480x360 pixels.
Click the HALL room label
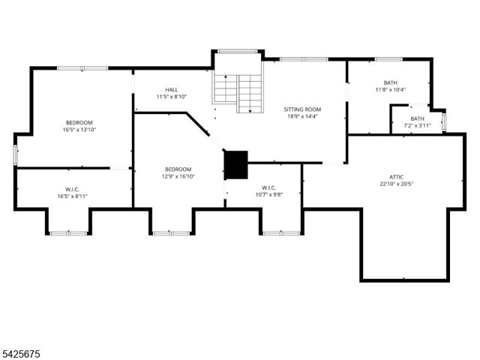[172, 89]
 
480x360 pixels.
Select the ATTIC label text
[397, 177]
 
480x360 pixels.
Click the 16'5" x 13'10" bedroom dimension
[79, 130]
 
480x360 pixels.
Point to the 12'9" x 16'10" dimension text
[178, 177]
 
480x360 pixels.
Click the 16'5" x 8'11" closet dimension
[73, 196]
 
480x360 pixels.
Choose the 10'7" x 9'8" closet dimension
[268, 194]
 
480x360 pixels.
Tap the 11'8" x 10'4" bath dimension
[390, 90]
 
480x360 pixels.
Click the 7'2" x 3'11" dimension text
[417, 126]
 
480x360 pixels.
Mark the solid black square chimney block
[236, 165]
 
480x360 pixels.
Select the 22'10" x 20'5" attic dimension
[397, 184]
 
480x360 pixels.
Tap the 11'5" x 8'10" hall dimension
[172, 97]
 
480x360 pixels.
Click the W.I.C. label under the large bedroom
[73, 189]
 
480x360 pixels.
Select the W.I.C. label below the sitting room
[268, 187]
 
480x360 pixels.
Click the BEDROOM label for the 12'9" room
[178, 169]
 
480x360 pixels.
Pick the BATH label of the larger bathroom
[390, 82]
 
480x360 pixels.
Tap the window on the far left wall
[16, 154]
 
